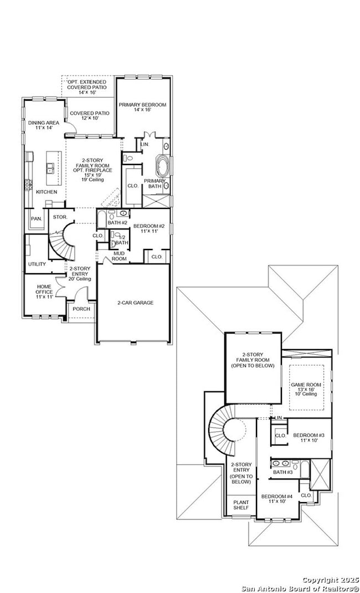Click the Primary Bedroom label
point(142,107)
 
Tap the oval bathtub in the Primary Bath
point(163,166)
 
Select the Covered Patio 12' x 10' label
point(89,115)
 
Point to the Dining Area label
point(44,125)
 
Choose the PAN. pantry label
point(36,218)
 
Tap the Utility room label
point(37,264)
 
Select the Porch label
point(81,309)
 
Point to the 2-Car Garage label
point(135,303)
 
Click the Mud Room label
point(120,256)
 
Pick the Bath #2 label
point(117,222)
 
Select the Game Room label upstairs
point(305,388)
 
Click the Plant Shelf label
point(241,505)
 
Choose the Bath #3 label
point(282,472)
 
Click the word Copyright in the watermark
point(316,579)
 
